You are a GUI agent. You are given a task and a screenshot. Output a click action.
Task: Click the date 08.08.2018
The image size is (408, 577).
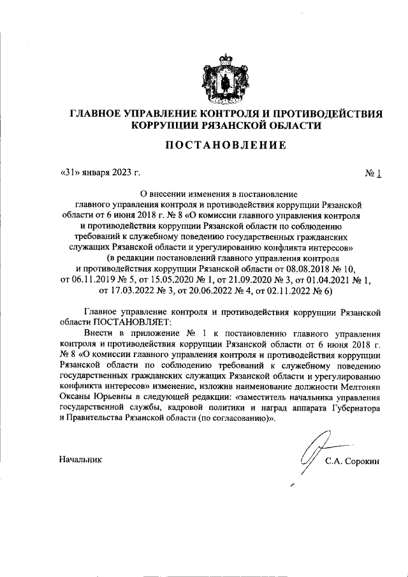click(307, 270)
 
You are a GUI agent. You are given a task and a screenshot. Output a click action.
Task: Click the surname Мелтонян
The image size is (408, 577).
click(358, 386)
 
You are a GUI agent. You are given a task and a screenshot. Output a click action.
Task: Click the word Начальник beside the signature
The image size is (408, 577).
click(79, 458)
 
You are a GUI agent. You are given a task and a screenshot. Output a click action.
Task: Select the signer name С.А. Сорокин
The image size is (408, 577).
click(352, 462)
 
